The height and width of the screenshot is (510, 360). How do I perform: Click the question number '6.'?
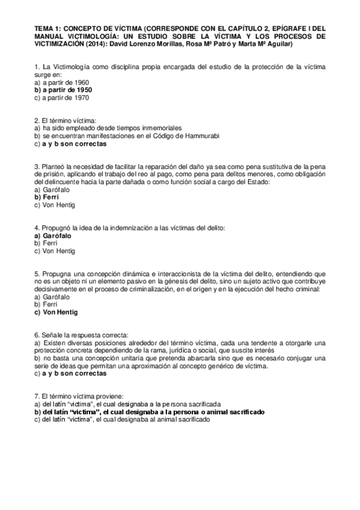37,335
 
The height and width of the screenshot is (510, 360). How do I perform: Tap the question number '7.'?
37,396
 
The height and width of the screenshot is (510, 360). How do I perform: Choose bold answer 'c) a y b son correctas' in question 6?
70,373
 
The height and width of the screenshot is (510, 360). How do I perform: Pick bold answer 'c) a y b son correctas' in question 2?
70,144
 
